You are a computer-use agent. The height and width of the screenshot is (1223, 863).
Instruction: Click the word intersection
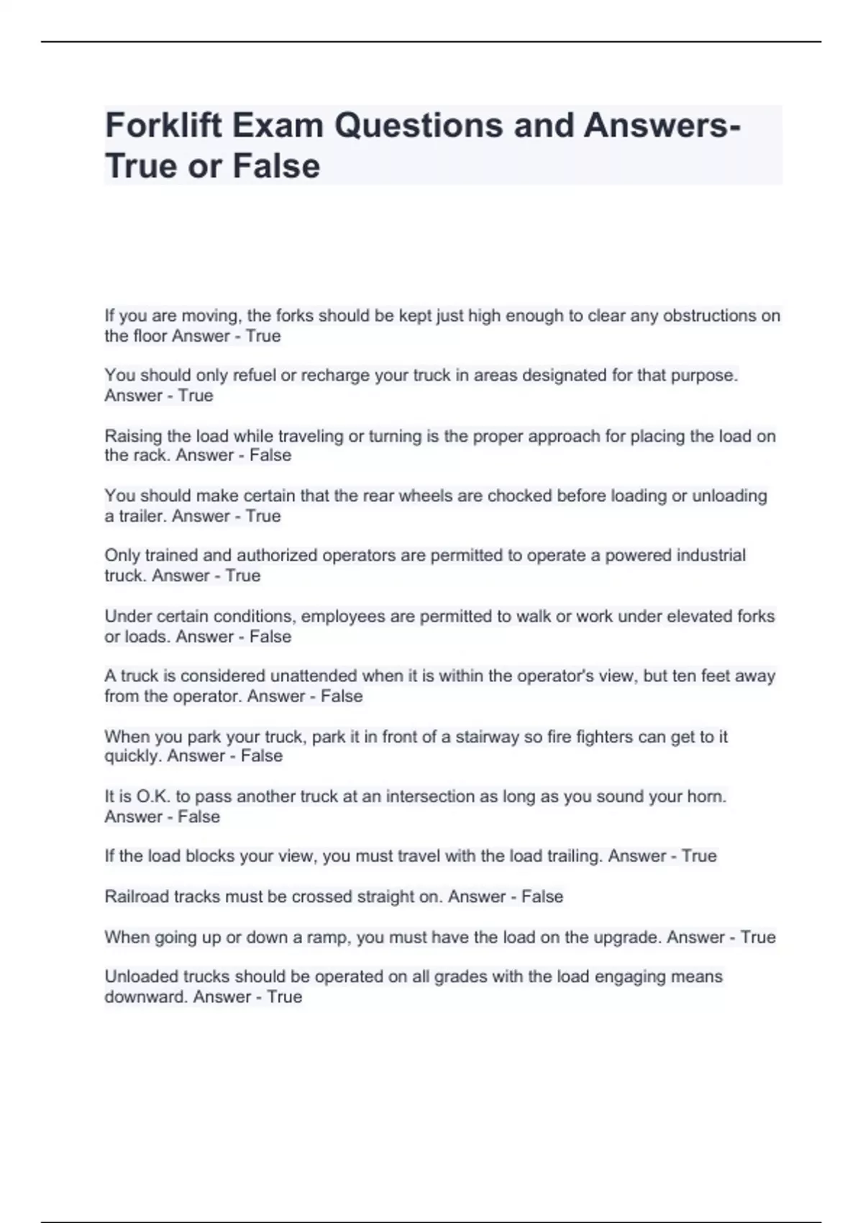pos(431,797)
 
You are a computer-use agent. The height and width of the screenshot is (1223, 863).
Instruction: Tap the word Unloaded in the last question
pos(141,977)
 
